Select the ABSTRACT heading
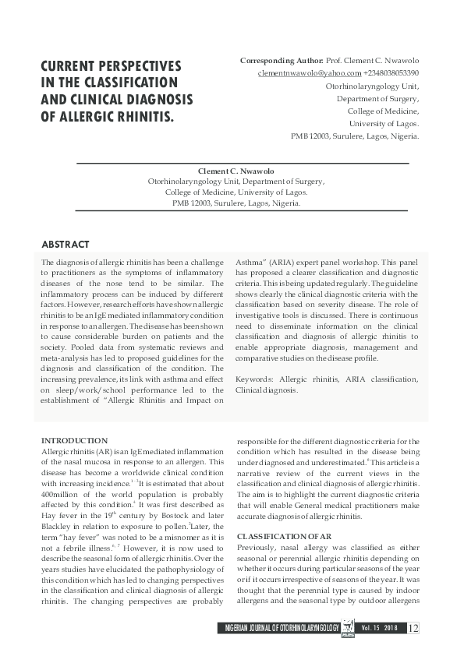click(x=65, y=245)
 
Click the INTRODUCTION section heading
click(x=74, y=440)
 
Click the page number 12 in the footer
click(x=413, y=628)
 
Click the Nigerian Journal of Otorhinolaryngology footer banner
click(x=281, y=628)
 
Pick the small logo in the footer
click(x=349, y=628)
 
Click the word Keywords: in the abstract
click(x=255, y=379)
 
